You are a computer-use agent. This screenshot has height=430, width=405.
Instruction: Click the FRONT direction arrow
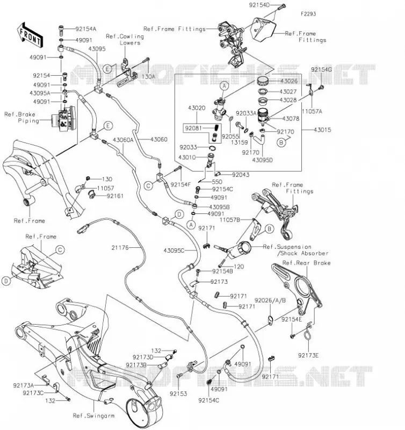coord(30,35)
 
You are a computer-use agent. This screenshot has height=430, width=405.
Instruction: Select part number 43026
coord(289,81)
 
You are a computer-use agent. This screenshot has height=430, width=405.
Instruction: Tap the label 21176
coord(120,248)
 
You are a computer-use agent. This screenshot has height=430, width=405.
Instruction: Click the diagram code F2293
coord(308,14)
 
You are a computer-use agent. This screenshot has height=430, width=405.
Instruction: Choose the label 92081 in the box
coord(193,128)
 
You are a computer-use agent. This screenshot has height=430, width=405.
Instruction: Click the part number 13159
coord(239,142)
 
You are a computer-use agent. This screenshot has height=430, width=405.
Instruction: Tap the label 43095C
coord(174,250)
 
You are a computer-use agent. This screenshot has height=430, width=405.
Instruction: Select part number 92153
coord(178,394)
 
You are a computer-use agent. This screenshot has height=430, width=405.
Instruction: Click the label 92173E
coord(308,355)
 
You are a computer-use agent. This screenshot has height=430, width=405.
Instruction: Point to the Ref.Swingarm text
coord(93,415)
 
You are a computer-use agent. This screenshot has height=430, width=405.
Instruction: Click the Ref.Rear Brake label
coord(306,263)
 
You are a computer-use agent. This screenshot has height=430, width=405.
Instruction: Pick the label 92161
coord(115,196)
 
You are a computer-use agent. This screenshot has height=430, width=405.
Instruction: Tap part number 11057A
coord(312,111)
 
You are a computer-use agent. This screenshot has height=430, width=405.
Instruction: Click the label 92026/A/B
coord(270,300)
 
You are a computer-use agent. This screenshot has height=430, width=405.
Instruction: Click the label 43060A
coord(123,140)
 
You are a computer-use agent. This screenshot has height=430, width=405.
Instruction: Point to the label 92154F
coord(180,185)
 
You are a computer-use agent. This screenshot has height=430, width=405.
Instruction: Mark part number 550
coord(217,182)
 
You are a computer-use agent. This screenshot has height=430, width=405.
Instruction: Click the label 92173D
coord(143,357)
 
